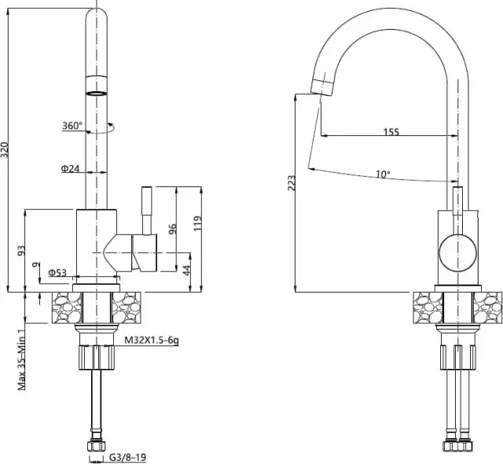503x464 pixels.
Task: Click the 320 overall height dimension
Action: click(x=5, y=150)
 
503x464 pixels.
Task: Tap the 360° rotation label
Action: click(x=72, y=126)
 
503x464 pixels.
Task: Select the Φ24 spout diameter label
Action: click(x=70, y=168)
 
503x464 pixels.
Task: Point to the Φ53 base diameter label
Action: click(x=57, y=273)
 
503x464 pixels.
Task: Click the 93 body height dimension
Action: click(x=21, y=250)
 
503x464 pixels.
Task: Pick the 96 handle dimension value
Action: click(x=173, y=229)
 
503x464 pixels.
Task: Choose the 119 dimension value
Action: click(x=197, y=223)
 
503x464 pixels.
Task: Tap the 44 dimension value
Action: click(x=187, y=270)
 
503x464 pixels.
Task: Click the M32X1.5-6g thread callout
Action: click(x=152, y=341)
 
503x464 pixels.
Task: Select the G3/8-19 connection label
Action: click(x=127, y=457)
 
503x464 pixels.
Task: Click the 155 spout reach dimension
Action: click(x=391, y=131)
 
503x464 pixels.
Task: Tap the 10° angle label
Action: click(x=383, y=175)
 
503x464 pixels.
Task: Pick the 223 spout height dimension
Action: click(x=292, y=183)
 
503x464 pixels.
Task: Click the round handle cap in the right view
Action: click(x=457, y=253)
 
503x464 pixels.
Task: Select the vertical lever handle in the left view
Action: click(x=147, y=211)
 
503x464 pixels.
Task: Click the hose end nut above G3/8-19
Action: click(x=96, y=447)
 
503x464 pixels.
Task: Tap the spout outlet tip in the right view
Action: click(x=322, y=87)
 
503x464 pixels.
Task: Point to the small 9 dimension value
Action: click(x=37, y=265)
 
